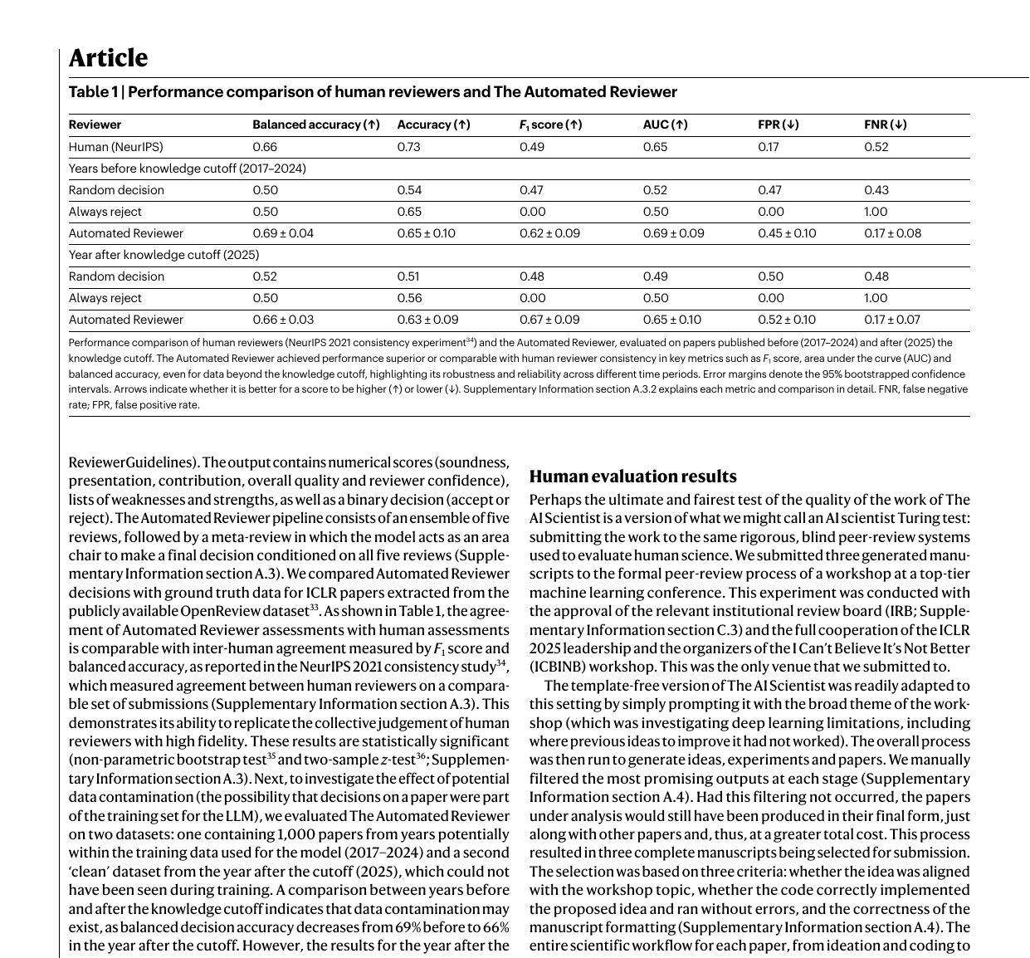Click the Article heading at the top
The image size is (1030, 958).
point(108,58)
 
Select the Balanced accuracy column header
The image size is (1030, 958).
point(315,125)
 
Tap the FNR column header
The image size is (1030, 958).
point(885,125)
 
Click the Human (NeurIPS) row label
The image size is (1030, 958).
point(115,147)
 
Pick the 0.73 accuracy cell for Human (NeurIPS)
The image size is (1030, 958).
point(408,147)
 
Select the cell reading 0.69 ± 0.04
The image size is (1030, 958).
point(283,233)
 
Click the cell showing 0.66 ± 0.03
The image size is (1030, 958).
point(283,320)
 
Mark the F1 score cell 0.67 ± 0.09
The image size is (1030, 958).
point(549,320)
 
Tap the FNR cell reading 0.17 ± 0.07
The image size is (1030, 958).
point(892,320)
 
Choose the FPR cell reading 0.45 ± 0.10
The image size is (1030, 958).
point(786,233)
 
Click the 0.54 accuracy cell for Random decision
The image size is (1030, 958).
point(408,190)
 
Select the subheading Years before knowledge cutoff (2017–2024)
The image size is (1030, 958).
point(187,169)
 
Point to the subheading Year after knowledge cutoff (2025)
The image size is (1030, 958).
point(164,255)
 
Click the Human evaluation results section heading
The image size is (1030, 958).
point(632,477)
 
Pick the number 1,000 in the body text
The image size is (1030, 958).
point(295,834)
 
